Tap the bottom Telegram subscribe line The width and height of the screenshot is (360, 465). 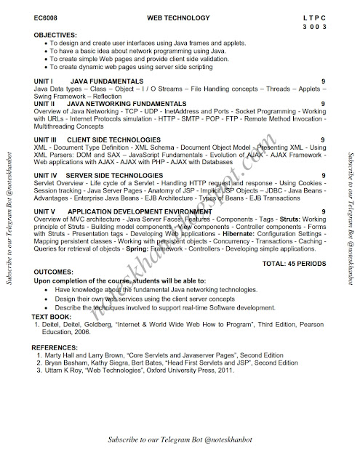tap(179, 440)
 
